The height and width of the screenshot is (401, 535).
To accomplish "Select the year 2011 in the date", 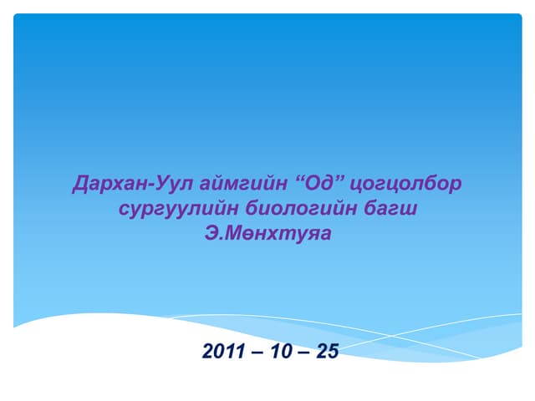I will point(224,352).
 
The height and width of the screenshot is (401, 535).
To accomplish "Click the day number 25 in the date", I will point(328,352).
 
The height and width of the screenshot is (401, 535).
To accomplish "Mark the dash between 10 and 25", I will point(302,353).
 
